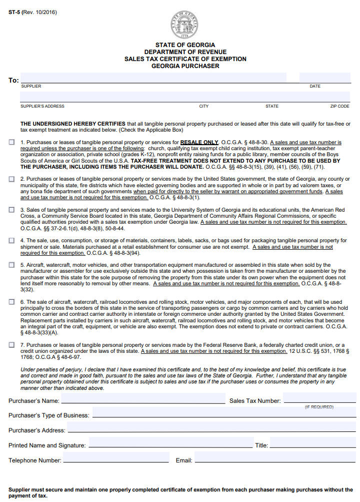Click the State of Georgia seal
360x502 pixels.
pos(185,25)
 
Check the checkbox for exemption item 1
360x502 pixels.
pos(11,143)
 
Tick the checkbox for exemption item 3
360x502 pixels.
pos(11,210)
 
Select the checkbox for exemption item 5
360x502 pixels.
pos(11,265)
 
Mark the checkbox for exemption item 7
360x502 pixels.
pos(11,345)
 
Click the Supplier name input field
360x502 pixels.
pos(153,78)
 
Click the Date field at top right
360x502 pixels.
pos(324,78)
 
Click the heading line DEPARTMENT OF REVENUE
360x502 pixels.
pos(185,52)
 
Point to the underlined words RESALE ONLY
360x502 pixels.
pos(199,143)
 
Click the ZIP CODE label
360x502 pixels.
pos(339,106)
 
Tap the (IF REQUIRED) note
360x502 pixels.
pos(319,407)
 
